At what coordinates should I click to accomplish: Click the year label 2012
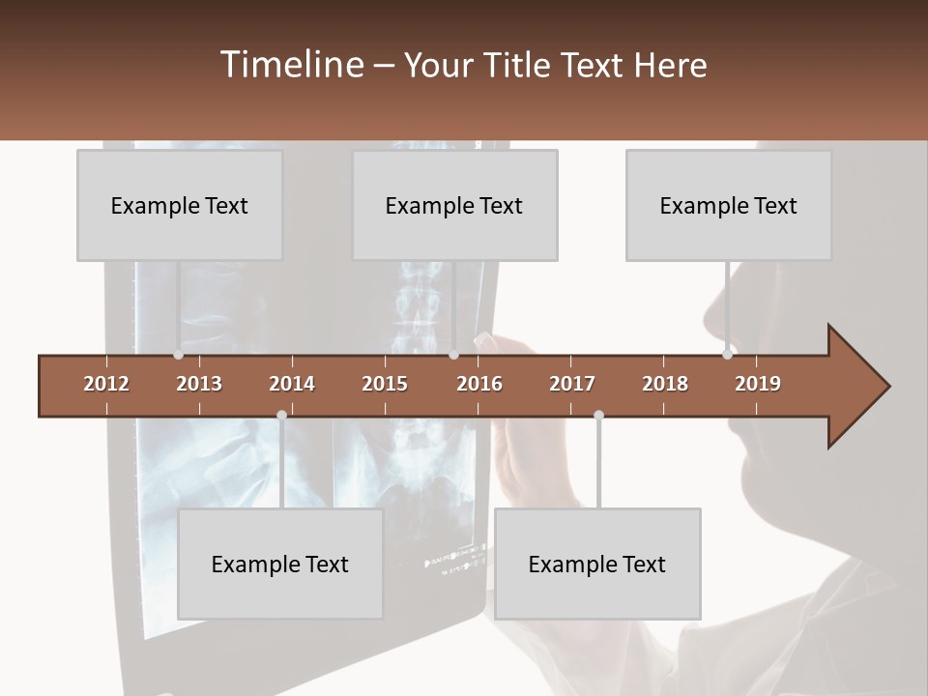coord(106,384)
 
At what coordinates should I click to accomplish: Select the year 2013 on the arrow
coord(199,384)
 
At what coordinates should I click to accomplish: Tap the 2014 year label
coord(292,384)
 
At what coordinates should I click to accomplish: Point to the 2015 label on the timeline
coord(385,384)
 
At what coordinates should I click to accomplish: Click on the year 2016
coord(479,384)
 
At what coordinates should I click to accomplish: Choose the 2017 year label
coord(572,384)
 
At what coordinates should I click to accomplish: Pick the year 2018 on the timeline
coord(665,384)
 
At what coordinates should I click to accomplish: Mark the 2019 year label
coord(758,384)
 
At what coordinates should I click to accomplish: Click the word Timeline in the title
coord(291,65)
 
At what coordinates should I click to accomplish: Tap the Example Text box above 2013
coord(180,205)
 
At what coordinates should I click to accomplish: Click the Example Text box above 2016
coord(454,205)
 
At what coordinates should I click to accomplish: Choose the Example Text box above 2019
coord(729,205)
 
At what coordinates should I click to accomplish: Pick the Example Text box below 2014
coord(280,564)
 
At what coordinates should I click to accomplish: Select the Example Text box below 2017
coord(597,564)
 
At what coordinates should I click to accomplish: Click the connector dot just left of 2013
coord(178,355)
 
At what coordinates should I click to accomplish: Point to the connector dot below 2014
coord(281,416)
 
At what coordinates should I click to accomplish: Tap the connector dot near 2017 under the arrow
coord(598,416)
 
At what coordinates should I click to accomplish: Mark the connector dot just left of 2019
coord(727,355)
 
